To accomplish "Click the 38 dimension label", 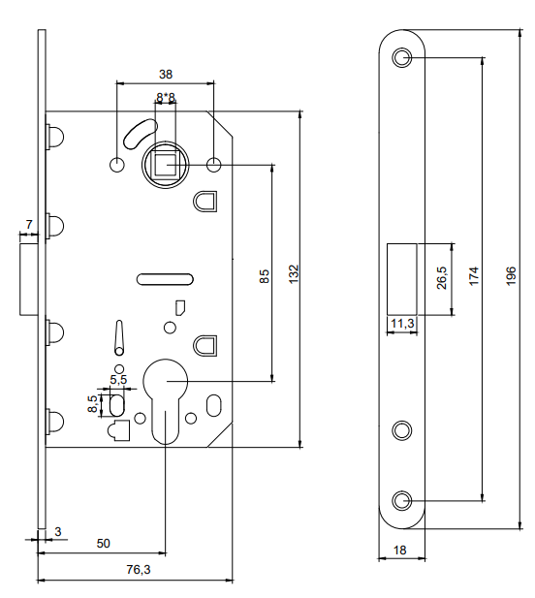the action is [166, 74].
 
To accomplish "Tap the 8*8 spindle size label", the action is [166, 98].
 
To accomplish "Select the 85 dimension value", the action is [264, 276].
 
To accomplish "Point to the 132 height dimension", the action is [294, 274].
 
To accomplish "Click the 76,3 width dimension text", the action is [139, 569].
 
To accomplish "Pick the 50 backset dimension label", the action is [104, 543].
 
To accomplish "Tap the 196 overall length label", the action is [511, 275].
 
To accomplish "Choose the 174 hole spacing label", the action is [473, 276].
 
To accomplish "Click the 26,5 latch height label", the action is [442, 277].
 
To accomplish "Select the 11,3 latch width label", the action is [402, 324].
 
